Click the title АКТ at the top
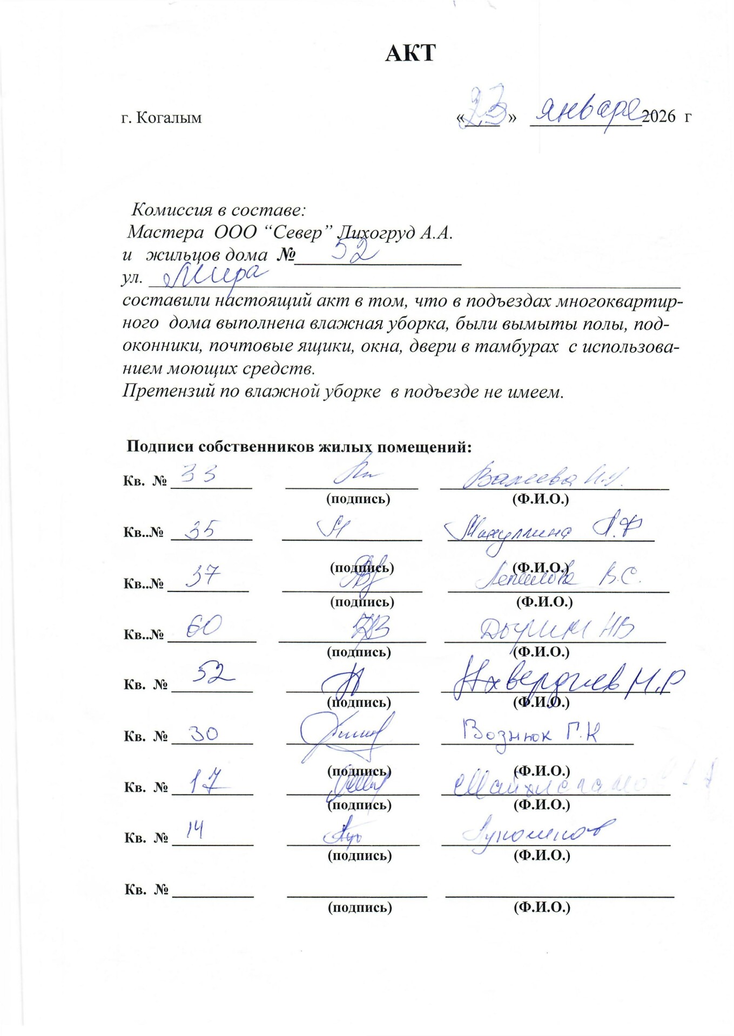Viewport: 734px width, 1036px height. coord(410,53)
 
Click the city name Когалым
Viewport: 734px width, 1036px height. coord(169,118)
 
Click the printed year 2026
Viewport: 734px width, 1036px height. coord(658,117)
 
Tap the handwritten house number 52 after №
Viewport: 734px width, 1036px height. coord(354,251)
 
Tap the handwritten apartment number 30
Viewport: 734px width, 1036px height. coord(203,733)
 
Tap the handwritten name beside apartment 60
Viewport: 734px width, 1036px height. coord(556,629)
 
